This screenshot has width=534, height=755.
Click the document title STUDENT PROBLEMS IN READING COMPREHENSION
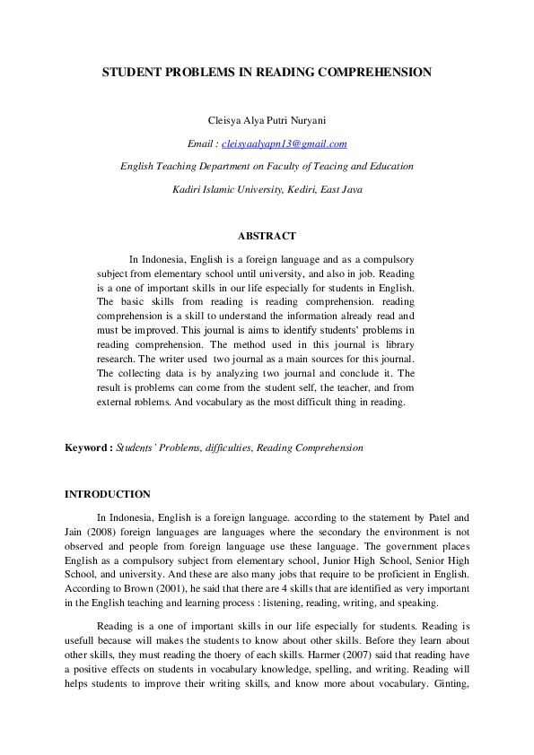click(x=267, y=72)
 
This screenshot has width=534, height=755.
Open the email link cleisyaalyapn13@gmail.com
click(x=284, y=143)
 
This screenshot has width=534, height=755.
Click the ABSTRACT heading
click(x=267, y=236)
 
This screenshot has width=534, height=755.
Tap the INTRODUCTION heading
click(x=108, y=494)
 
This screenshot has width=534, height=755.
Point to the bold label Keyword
click(x=88, y=447)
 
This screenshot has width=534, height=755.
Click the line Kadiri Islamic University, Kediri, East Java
click(x=267, y=189)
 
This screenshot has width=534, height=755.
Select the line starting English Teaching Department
click(x=267, y=166)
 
